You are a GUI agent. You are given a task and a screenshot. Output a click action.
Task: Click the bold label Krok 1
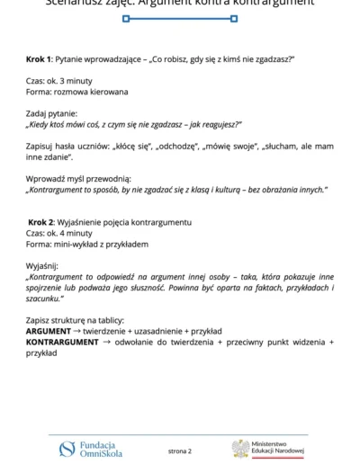(x=40, y=58)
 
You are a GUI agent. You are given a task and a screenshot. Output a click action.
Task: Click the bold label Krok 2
(x=42, y=221)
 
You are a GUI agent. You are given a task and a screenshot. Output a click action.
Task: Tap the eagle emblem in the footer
(x=239, y=448)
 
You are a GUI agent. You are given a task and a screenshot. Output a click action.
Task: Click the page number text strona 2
(x=180, y=450)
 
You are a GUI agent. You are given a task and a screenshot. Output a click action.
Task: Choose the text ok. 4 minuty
(x=70, y=233)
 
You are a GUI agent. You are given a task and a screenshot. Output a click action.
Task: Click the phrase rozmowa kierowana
(x=88, y=92)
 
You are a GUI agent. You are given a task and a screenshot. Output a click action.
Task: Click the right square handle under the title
(x=235, y=18)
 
